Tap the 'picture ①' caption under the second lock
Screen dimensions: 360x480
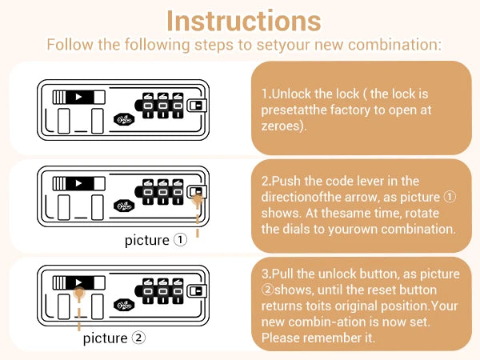tap(156, 240)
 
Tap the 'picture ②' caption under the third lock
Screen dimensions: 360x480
tap(114, 338)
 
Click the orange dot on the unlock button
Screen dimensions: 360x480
tap(78, 294)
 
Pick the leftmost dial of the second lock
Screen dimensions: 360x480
tap(148, 193)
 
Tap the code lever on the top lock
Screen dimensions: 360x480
tap(195, 105)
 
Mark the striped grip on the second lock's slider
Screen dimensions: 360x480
tap(59, 183)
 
